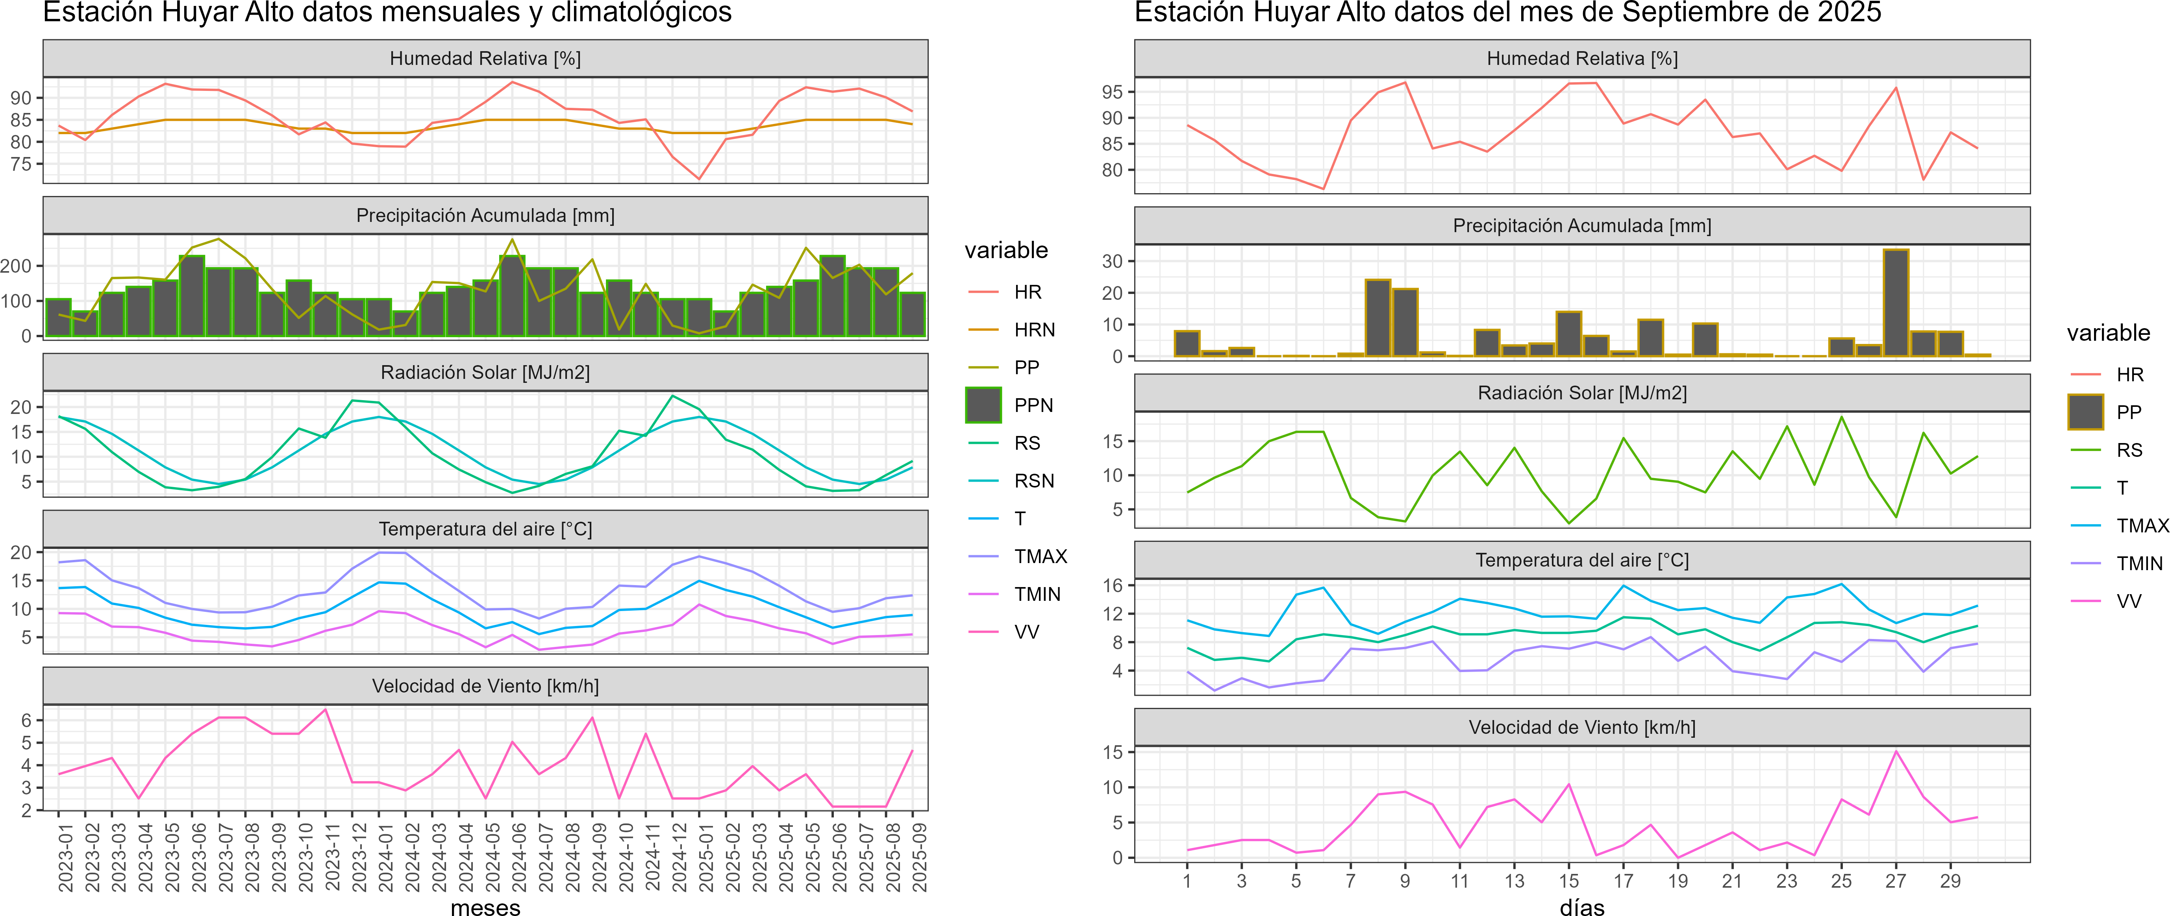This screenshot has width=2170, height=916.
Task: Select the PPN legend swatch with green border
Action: [983, 405]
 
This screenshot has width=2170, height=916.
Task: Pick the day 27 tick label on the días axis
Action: [1895, 881]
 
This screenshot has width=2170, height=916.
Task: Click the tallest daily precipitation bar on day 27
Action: [1895, 303]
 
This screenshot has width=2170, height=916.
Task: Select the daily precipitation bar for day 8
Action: [1377, 318]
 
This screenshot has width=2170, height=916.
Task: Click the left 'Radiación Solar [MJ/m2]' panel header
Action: [485, 372]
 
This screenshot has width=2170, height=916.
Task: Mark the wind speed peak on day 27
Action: [1895, 751]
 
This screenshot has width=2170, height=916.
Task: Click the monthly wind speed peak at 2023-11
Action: [325, 710]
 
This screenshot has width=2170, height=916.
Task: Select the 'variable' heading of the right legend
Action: [2108, 333]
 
